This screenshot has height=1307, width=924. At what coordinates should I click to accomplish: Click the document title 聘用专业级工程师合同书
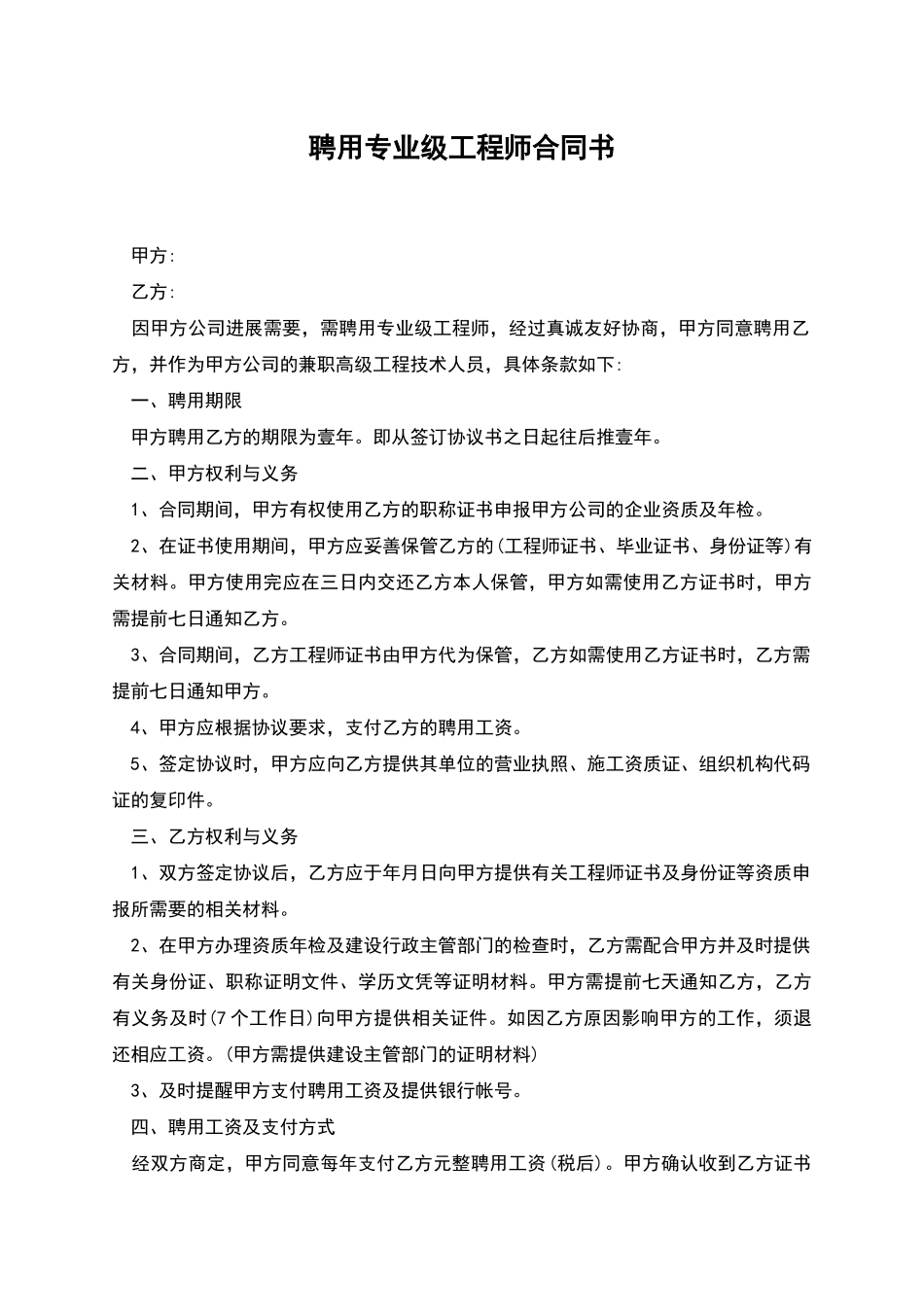click(x=462, y=149)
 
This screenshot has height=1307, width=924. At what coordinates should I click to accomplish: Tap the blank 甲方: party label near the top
click(x=153, y=256)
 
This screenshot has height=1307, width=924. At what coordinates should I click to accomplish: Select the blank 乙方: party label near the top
click(x=153, y=292)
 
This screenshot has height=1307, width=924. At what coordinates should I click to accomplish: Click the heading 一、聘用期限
click(x=187, y=401)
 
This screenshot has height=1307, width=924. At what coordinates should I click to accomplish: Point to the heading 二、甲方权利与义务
click(x=214, y=474)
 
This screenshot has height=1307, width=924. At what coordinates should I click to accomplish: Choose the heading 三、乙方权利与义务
click(x=214, y=836)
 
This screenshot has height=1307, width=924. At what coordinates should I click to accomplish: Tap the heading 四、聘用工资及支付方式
click(x=232, y=1127)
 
